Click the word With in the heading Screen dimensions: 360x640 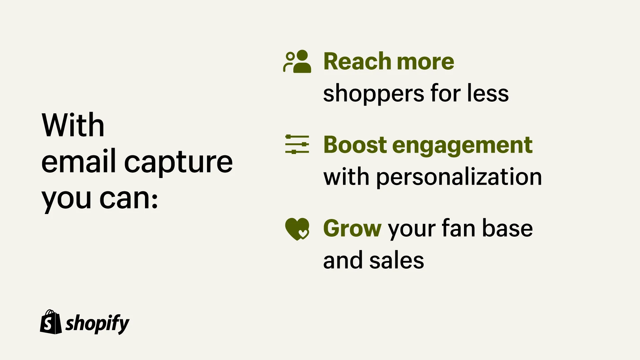click(x=73, y=125)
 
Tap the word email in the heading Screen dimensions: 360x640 click(x=78, y=162)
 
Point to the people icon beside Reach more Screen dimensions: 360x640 click(x=297, y=61)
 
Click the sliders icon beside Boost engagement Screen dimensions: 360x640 click(x=297, y=144)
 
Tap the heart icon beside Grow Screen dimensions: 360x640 click(x=297, y=229)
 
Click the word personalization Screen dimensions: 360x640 click(x=459, y=177)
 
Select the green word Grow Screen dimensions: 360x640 click(x=352, y=229)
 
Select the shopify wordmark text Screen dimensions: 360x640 click(x=97, y=323)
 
